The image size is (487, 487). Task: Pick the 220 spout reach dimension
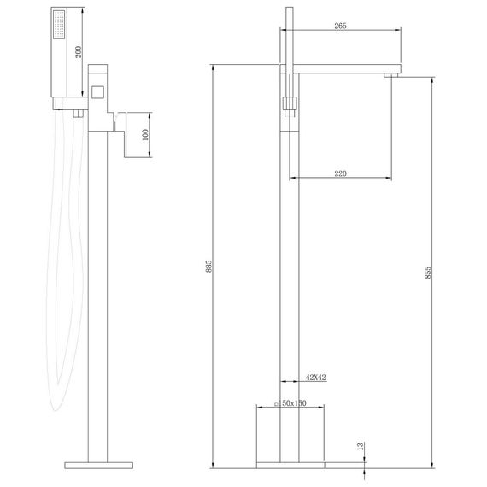(340, 173)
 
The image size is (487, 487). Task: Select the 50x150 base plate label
(290, 402)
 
